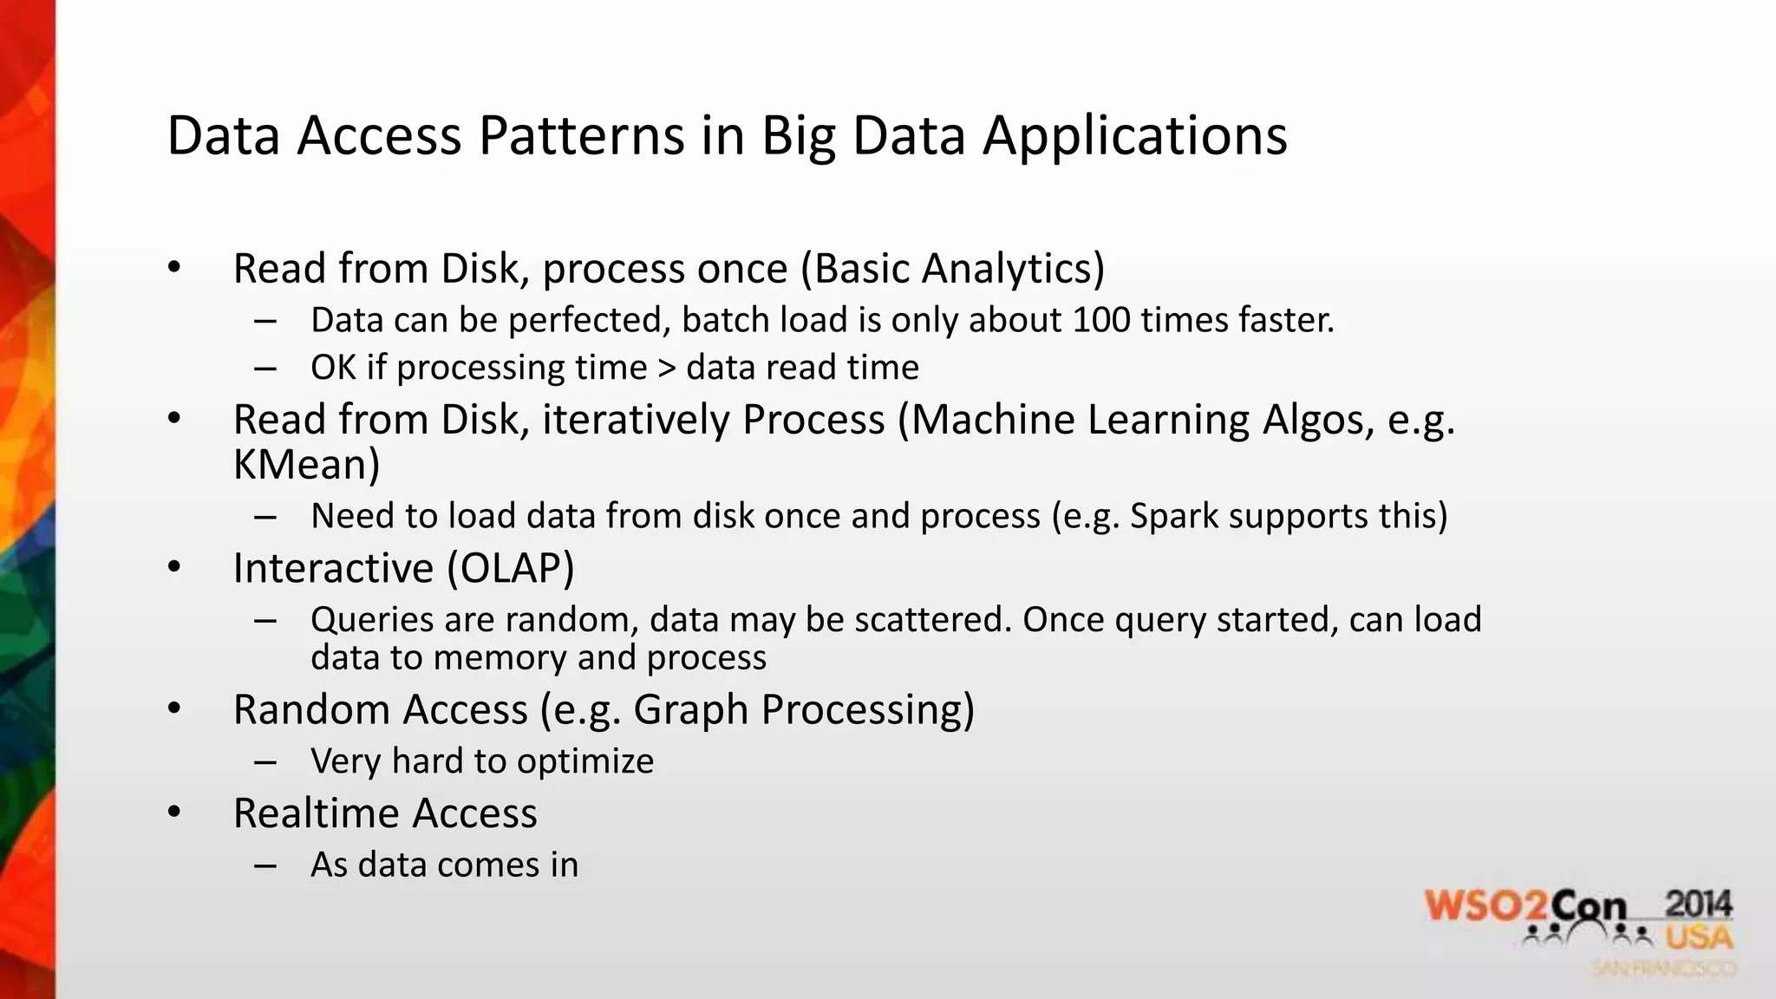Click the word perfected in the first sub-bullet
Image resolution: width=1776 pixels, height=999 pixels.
(590, 320)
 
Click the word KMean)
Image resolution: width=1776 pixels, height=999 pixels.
(306, 464)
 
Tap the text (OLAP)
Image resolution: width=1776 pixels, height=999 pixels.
(511, 568)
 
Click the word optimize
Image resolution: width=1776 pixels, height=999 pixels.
(585, 761)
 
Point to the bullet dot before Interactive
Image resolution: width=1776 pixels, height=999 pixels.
(174, 568)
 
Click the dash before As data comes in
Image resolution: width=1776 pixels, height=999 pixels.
(265, 865)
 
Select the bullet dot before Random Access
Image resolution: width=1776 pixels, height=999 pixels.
(174, 709)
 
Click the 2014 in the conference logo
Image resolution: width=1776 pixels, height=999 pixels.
(1698, 904)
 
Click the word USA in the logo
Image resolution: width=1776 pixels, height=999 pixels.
(1698, 937)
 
